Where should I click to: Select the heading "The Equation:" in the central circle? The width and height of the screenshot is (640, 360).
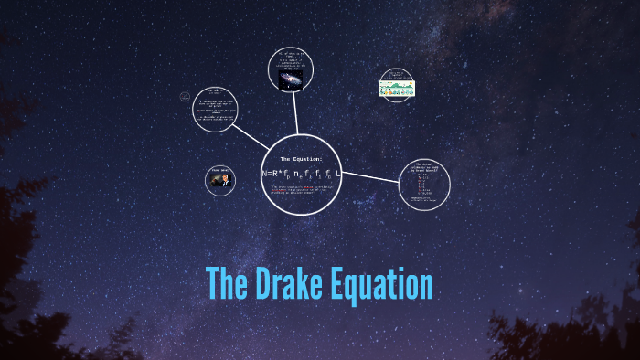pyautogui.click(x=301, y=159)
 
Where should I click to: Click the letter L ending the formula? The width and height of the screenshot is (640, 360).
pyautogui.click(x=337, y=173)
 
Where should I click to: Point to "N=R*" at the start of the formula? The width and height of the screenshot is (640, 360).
pyautogui.click(x=272, y=173)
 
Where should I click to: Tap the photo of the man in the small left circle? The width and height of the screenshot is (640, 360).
pyautogui.click(x=219, y=181)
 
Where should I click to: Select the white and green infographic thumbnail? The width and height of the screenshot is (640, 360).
pyautogui.click(x=396, y=88)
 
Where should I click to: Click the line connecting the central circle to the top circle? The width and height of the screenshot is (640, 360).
pyautogui.click(x=296, y=114)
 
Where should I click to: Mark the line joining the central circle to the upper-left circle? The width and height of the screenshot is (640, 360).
pyautogui.click(x=251, y=136)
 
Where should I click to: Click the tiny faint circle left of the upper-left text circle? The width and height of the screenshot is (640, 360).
pyautogui.click(x=184, y=96)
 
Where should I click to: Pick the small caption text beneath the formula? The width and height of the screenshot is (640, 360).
pyautogui.click(x=302, y=189)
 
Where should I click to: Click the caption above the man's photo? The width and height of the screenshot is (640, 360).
pyautogui.click(x=219, y=170)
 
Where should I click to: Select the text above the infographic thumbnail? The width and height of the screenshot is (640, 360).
pyautogui.click(x=396, y=74)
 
